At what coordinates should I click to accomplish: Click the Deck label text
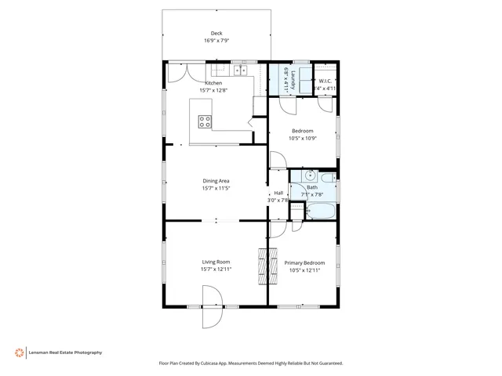[216, 33]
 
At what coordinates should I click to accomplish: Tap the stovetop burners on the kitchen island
[205, 121]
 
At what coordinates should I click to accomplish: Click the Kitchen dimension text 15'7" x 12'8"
[213, 90]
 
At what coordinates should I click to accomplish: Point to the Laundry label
[293, 79]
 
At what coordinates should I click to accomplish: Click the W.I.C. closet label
[326, 81]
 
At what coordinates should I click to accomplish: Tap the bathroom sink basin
[310, 175]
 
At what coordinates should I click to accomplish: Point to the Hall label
[278, 193]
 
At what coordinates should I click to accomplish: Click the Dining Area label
[216, 181]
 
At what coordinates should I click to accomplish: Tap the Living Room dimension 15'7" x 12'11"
[216, 269]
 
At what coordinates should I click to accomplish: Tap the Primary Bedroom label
[304, 262]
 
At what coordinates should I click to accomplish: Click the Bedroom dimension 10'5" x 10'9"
[302, 138]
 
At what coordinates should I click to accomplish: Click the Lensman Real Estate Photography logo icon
[18, 352]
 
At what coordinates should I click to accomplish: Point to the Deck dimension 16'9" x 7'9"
[216, 41]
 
